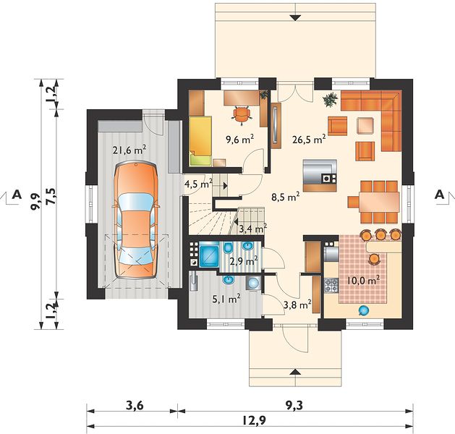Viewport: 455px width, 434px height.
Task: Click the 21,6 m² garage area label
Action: pyautogui.click(x=129, y=150)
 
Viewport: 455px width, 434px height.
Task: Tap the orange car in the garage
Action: pyautogui.click(x=136, y=221)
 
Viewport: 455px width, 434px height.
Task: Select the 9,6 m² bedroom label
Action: pyautogui.click(x=240, y=140)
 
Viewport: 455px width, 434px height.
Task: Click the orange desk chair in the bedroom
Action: pyautogui.click(x=242, y=115)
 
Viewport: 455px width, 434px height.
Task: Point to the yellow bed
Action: pyautogui.click(x=200, y=141)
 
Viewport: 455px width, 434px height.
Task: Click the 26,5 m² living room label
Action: pyautogui.click(x=308, y=140)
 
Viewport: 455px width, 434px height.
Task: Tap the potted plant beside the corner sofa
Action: pyautogui.click(x=331, y=100)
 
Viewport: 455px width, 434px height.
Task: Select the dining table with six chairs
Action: pyautogui.click(x=373, y=202)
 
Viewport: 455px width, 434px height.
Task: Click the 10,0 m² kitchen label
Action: pyautogui.click(x=363, y=281)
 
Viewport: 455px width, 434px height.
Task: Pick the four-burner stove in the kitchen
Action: pyautogui.click(x=331, y=285)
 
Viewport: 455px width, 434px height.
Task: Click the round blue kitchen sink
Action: pyautogui.click(x=363, y=311)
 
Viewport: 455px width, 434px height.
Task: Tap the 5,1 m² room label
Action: pyautogui.click(x=226, y=299)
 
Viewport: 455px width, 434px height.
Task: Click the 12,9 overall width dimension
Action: pyautogui.click(x=253, y=420)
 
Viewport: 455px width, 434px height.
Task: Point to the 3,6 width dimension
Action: pyautogui.click(x=135, y=406)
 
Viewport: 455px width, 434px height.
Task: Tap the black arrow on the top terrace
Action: pyautogui.click(x=295, y=17)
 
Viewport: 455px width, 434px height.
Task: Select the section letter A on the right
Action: pyautogui.click(x=439, y=194)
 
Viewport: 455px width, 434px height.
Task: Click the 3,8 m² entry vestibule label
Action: pyautogui.click(x=297, y=305)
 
